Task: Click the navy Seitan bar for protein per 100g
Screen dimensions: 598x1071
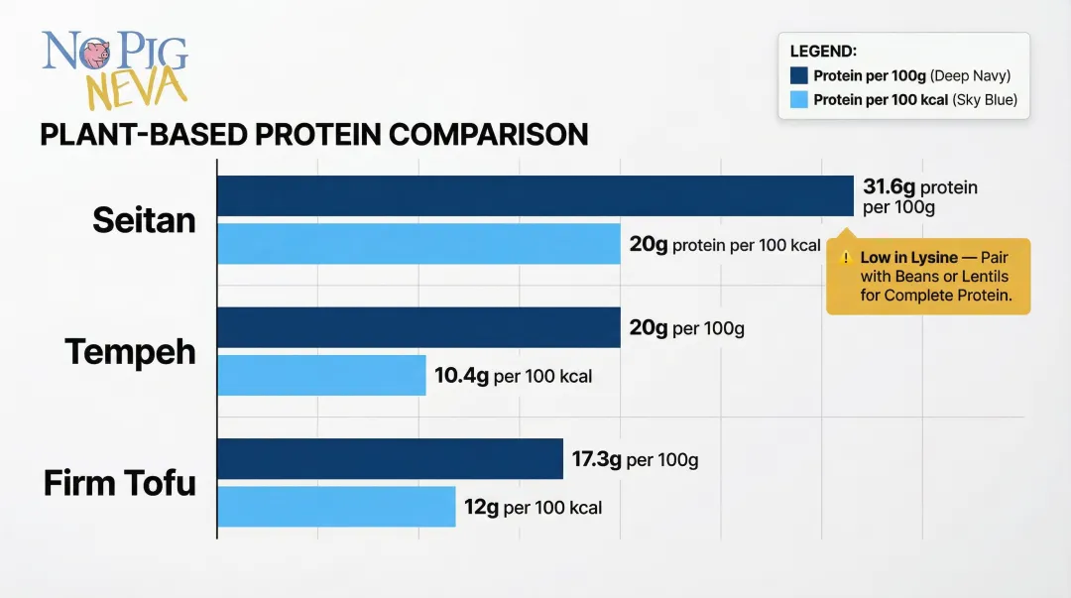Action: [535, 195]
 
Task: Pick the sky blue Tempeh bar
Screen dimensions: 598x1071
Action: [321, 375]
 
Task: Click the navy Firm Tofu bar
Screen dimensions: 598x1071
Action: [390, 459]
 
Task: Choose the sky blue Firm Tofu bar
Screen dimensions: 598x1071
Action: [336, 507]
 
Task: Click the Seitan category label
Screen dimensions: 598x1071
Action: [144, 220]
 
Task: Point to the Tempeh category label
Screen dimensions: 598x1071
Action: [130, 352]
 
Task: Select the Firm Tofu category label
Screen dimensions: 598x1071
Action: [119, 483]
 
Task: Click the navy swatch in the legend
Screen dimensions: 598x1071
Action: [799, 75]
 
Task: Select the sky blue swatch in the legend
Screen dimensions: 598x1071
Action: [799, 99]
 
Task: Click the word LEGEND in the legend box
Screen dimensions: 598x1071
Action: [823, 51]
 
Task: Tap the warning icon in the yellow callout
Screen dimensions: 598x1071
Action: [846, 257]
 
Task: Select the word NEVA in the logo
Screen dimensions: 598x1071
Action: [136, 90]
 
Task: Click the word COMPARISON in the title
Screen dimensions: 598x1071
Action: [485, 135]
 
